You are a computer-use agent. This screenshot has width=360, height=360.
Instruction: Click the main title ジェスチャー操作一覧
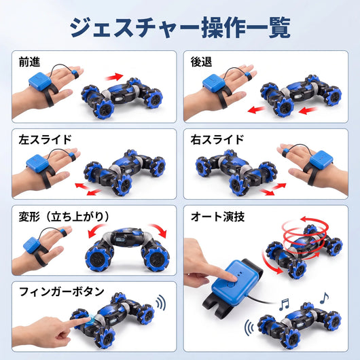pyautogui.click(x=180, y=27)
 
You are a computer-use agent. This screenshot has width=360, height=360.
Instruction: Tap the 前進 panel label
pyautogui.click(x=29, y=62)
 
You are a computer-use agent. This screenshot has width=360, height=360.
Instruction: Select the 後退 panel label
pyautogui.click(x=201, y=62)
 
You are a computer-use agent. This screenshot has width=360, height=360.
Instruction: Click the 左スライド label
pyautogui.click(x=46, y=140)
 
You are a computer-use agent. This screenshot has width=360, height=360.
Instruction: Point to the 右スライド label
pyautogui.click(x=217, y=140)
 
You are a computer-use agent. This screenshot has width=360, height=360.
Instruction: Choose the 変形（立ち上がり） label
pyautogui.click(x=64, y=217)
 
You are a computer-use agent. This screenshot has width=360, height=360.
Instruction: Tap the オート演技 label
pyautogui.click(x=217, y=217)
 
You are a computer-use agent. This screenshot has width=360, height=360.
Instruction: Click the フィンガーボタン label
pyautogui.click(x=62, y=291)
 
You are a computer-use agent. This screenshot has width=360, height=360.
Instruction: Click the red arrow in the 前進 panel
pyautogui.click(x=114, y=77)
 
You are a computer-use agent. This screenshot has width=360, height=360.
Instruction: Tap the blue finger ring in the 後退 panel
pyautogui.click(x=247, y=75)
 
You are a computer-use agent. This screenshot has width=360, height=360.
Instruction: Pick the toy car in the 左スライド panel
pyautogui.click(x=125, y=172)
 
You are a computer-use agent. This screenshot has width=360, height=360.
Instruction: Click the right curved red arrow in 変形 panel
pyautogui.click(x=158, y=230)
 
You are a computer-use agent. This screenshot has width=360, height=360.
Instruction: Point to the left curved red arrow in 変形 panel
pyautogui.click(x=96, y=230)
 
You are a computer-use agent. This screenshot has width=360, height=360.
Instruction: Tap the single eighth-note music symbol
pyautogui.click(x=324, y=298)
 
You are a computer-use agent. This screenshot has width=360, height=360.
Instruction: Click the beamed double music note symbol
pyautogui.click(x=284, y=305)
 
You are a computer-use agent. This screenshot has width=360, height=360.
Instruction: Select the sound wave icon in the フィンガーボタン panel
pyautogui.click(x=161, y=302)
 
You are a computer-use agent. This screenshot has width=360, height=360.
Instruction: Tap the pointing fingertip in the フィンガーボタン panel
pyautogui.click(x=88, y=320)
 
